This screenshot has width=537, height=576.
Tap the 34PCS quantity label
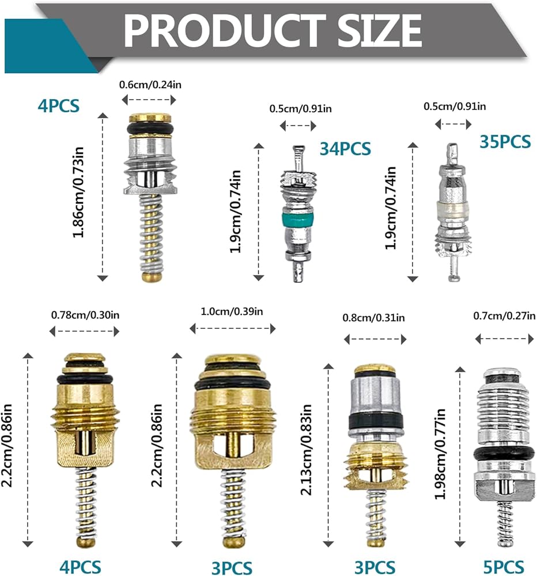point(345,149)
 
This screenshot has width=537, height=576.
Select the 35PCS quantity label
point(505,142)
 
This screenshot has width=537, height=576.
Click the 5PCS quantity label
point(503,567)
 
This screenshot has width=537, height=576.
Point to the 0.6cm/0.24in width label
point(150,85)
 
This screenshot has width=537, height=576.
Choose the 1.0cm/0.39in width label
point(232,312)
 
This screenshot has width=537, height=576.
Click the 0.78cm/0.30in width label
point(85,315)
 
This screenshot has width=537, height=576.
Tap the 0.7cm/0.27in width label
point(504,316)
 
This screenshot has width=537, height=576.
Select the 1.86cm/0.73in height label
point(78,192)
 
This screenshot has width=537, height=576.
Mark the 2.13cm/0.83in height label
point(306,450)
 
